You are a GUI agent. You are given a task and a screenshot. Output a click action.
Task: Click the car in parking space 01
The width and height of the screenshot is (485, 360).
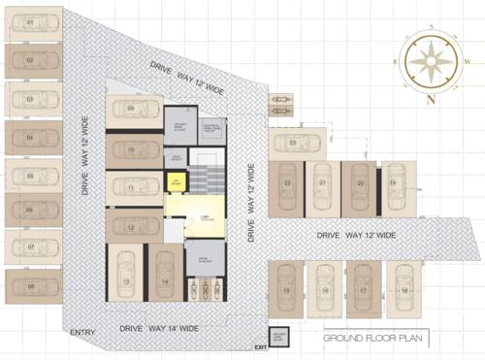tap(32, 22)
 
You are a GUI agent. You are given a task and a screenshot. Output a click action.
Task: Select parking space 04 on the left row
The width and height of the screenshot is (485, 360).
tap(32, 137)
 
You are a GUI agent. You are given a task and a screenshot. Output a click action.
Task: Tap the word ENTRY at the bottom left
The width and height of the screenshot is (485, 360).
tap(83, 335)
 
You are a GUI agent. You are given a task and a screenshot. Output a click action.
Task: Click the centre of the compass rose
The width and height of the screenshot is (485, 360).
tap(428, 60)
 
